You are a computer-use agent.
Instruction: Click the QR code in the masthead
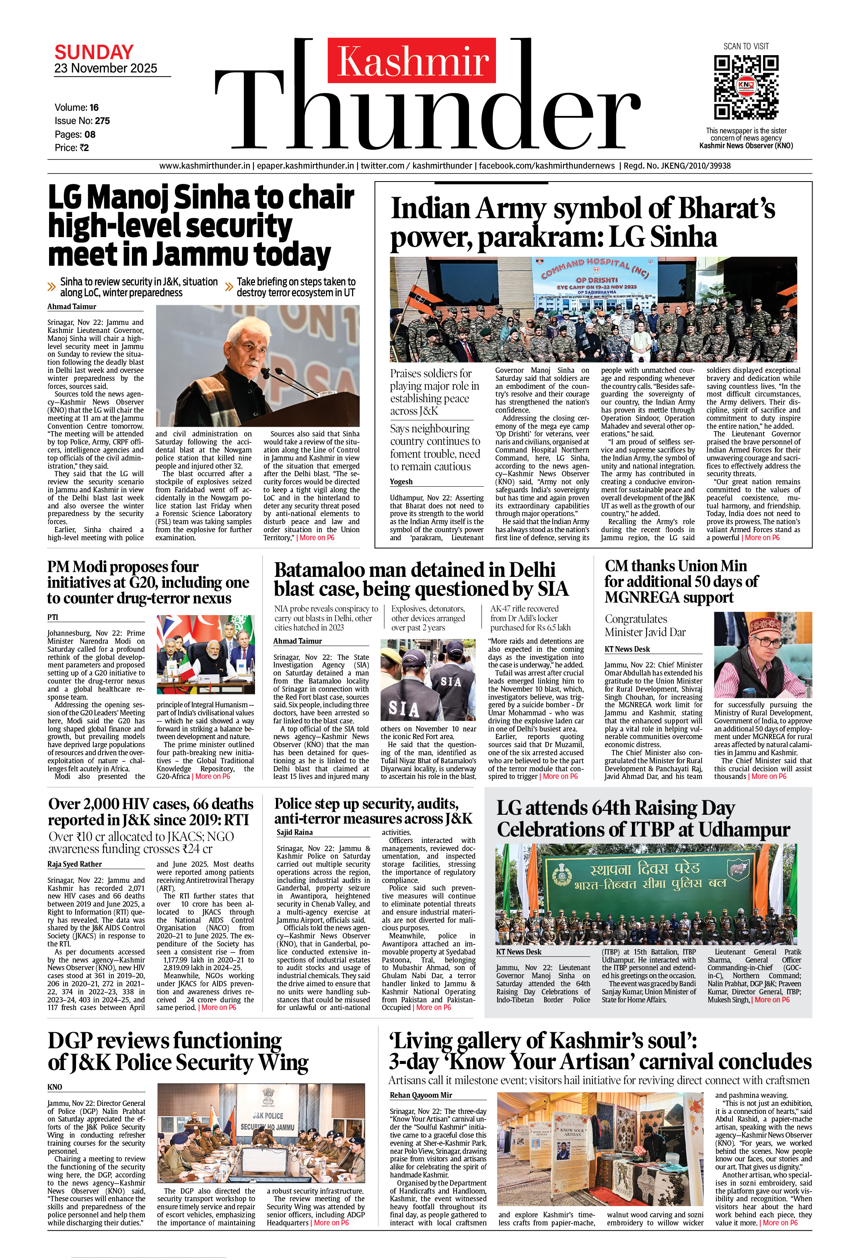pyautogui.click(x=746, y=87)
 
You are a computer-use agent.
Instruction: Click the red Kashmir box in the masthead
pyautogui.click(x=411, y=60)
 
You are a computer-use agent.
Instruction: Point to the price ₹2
pyautogui.click(x=84, y=147)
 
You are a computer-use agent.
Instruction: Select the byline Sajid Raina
pyautogui.click(x=294, y=832)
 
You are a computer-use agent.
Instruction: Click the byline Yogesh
pyautogui.click(x=401, y=481)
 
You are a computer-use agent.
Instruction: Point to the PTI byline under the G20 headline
pyautogui.click(x=53, y=617)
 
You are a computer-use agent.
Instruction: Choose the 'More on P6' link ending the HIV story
pyautogui.click(x=218, y=1007)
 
